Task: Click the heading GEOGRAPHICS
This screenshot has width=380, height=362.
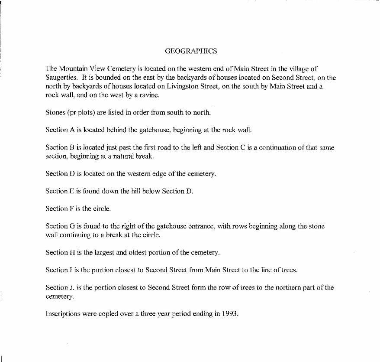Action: click(x=191, y=51)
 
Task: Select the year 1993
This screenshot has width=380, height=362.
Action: click(x=230, y=313)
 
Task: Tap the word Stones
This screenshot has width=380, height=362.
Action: click(x=55, y=113)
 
